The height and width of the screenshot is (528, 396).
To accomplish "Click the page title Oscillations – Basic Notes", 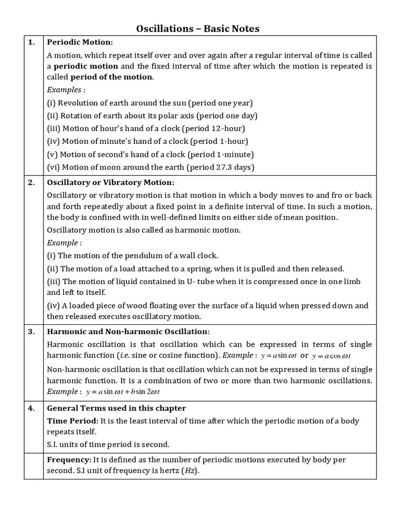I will pos(198,28).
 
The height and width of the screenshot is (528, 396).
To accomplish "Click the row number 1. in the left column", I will pos(31,42).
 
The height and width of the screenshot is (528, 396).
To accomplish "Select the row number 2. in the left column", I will pos(31,183).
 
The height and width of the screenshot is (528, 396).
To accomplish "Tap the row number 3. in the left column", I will pos(31,331).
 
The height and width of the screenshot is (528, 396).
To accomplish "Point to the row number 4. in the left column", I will pos(31,408).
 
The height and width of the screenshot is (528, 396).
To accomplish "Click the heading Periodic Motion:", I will pos(79,42).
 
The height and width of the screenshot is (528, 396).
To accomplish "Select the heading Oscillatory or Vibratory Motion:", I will pos(110,183).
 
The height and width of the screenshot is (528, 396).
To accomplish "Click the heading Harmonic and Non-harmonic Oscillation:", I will pos(128,331).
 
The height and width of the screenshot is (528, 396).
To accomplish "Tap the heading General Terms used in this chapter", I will pos(116,408).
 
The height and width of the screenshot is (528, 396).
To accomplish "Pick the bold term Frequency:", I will pos(69,459).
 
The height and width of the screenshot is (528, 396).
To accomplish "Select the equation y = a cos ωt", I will pos(334,356).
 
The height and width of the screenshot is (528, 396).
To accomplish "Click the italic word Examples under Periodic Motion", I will pos(64,89).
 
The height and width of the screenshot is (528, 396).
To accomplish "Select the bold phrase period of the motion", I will pos(111,77).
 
